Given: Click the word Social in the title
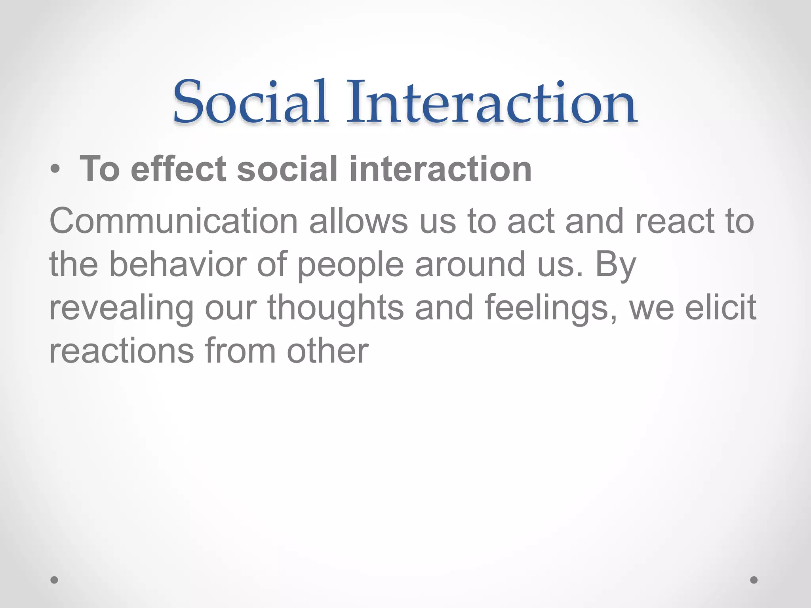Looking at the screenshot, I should coord(250,102).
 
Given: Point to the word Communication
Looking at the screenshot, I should coord(173,221).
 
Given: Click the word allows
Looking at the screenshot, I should coord(358,221).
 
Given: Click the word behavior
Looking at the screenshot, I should coord(178,264).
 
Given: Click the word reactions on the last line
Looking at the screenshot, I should coord(121,351).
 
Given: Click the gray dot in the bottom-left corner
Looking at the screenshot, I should coord(54,580).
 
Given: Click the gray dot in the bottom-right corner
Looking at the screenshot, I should coord(754,580).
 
